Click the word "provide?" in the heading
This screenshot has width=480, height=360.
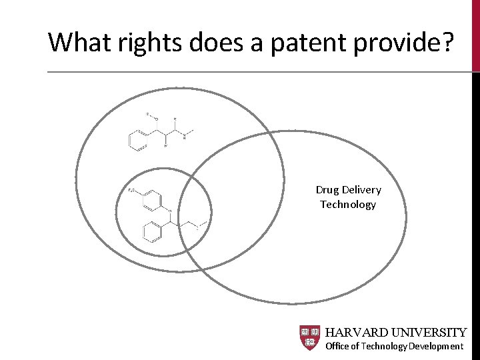pos(411,43)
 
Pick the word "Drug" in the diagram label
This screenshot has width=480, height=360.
pos(327,191)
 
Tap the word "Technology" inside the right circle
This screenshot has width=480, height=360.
pos(348,205)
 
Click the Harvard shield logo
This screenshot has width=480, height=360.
pos(310,338)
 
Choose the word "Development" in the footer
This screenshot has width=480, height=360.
pos(436,346)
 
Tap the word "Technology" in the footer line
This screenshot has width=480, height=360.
pos(384,346)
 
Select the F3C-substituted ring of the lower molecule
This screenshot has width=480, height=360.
pos(152,198)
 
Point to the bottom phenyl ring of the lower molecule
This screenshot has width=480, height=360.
pos(151,233)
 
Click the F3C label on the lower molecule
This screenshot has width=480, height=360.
pos(131,191)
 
